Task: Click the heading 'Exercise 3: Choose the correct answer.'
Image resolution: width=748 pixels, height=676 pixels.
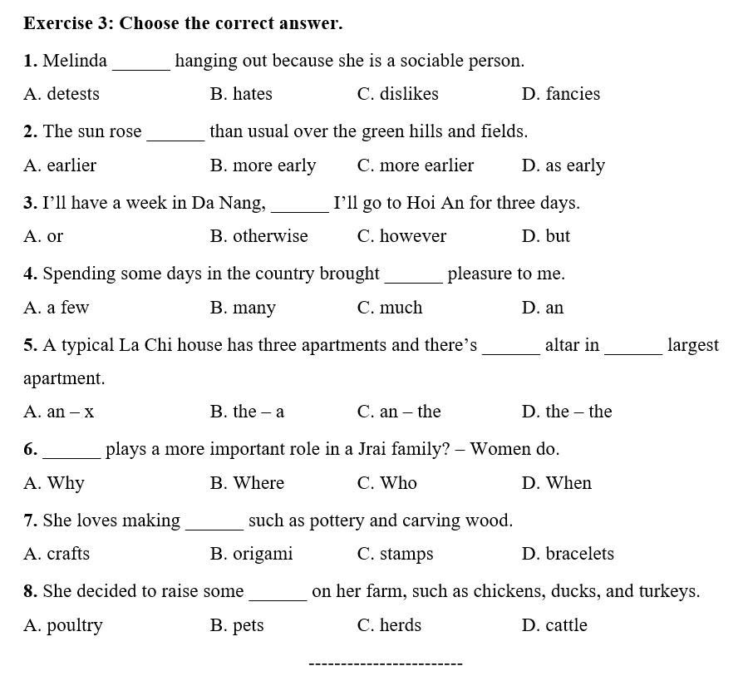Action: point(183,23)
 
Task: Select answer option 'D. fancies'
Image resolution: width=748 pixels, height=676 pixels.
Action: point(560,94)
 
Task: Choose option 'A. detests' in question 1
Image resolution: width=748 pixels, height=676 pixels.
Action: point(62,94)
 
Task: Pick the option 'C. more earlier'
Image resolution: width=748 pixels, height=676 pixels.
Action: point(415,165)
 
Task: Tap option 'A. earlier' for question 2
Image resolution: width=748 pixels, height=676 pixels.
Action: point(60,165)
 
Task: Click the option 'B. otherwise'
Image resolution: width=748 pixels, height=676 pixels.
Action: point(258,236)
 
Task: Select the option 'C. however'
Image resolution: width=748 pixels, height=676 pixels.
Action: point(401,236)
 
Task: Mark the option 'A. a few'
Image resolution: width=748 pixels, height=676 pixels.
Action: point(56,308)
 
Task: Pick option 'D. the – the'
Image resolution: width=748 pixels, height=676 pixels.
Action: point(566,412)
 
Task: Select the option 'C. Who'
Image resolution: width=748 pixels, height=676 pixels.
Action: point(386,483)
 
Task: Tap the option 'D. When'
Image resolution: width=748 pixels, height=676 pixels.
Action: point(556,483)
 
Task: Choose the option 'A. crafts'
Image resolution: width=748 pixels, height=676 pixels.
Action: point(57,554)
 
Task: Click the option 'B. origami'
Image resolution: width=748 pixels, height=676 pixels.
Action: point(251,554)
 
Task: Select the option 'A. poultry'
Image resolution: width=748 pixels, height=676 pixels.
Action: point(63,625)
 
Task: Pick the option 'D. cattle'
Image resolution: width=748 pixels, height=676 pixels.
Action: point(554,625)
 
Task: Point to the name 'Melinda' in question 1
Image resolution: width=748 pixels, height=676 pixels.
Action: point(75,61)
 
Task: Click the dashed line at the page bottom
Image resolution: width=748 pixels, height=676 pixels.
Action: point(385,664)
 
